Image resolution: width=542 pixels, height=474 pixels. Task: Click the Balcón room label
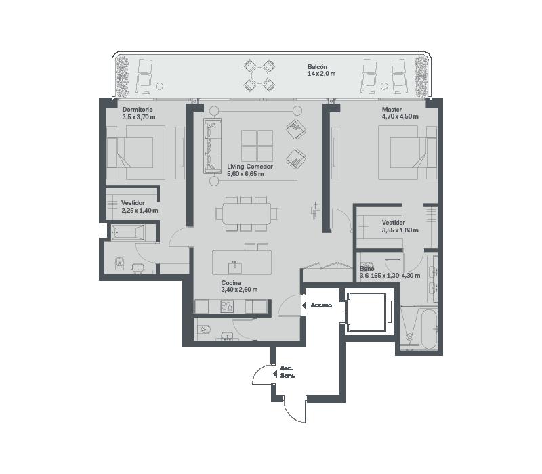[317, 66]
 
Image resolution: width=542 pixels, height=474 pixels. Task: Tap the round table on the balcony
[259, 75]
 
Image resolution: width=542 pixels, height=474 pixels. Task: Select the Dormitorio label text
[138, 110]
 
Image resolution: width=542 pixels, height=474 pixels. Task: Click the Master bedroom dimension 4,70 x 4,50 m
[400, 116]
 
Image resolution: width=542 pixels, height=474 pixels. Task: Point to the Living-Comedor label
[250, 167]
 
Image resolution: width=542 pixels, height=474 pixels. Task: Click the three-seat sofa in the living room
[212, 146]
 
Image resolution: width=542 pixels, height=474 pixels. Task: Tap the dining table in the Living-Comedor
[247, 214]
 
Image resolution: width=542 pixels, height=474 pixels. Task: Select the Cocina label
[231, 283]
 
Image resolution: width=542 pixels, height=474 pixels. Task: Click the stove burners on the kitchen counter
[227, 307]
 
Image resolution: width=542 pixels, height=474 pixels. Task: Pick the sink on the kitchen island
[234, 267]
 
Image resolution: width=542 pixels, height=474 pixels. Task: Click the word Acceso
[321, 305]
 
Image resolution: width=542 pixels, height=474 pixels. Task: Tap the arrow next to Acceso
[304, 305]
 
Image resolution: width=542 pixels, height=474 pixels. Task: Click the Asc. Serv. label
[287, 372]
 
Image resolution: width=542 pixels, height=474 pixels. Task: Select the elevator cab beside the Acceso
[366, 312]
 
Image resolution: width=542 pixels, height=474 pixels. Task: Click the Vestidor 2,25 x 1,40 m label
[140, 207]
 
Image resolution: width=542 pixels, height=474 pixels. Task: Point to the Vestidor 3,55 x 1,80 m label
[400, 226]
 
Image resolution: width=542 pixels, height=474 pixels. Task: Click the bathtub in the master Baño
[429, 329]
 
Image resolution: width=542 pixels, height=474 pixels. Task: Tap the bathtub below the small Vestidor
[128, 232]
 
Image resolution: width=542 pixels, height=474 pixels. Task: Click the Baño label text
[367, 268]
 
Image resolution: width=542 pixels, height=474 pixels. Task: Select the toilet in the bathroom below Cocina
[205, 330]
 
